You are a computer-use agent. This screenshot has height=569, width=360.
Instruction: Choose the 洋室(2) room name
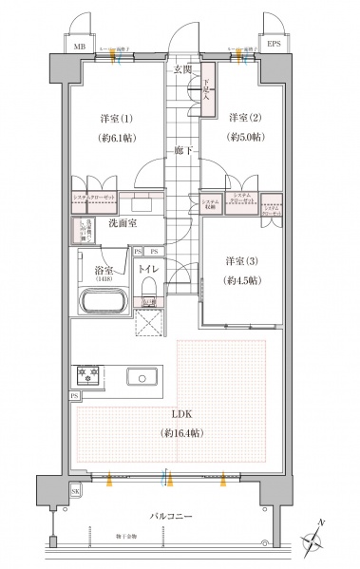244,118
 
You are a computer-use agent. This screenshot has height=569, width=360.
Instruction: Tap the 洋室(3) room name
242,261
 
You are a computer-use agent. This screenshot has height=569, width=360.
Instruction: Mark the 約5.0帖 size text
244,137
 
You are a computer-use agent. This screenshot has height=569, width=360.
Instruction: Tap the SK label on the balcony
75,492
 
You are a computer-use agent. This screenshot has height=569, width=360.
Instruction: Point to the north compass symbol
313,541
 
